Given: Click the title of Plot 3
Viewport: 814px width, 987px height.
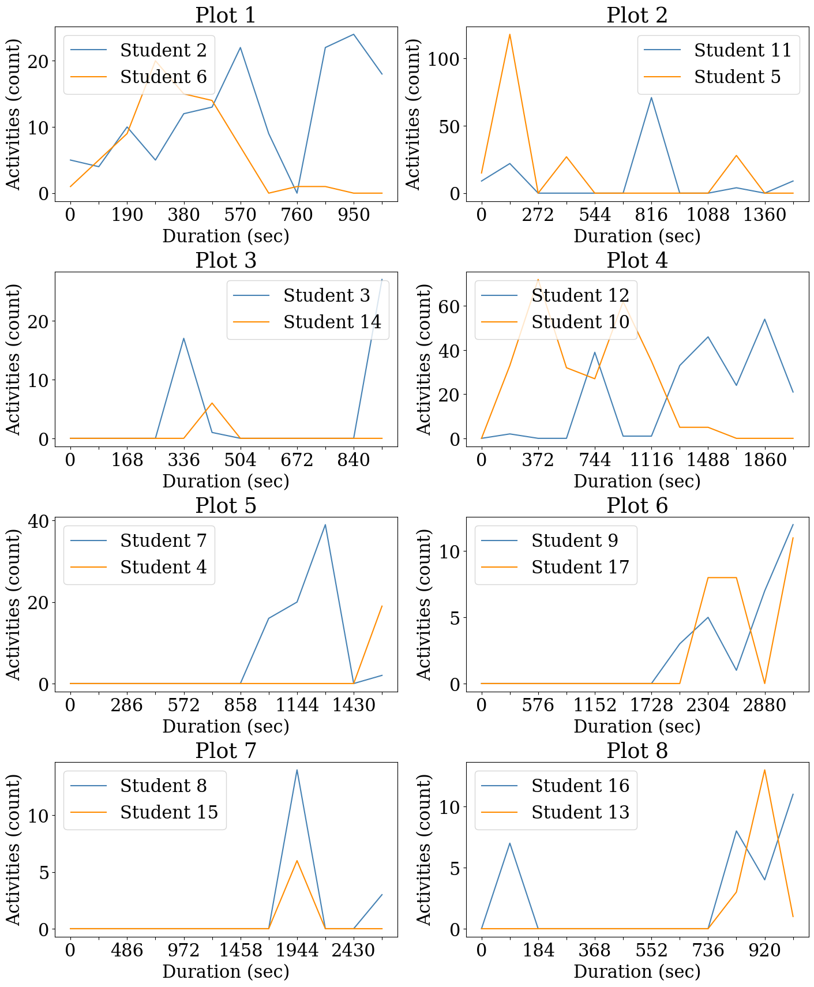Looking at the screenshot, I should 226,261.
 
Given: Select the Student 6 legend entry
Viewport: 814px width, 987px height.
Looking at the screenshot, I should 163,77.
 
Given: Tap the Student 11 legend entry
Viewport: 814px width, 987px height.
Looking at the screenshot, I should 742,50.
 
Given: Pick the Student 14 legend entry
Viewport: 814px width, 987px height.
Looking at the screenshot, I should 332,322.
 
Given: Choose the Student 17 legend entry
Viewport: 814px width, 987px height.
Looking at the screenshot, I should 580,567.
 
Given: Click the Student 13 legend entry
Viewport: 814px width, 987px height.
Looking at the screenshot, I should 580,812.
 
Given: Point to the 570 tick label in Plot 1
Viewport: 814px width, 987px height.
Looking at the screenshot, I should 240,215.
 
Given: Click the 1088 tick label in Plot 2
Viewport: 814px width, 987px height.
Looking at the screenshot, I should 708,215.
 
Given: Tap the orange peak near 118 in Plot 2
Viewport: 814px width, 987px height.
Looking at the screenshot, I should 509,35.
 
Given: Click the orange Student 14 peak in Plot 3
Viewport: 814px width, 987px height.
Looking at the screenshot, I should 212,403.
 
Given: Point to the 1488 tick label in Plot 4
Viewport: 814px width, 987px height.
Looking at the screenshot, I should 708,460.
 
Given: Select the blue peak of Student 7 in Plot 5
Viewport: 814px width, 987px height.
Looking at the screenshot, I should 325,525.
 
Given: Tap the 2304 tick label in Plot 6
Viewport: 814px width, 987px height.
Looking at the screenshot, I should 708,705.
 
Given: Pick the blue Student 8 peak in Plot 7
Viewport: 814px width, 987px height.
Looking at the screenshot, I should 297,770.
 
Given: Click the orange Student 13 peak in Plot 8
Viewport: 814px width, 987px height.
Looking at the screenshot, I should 764,770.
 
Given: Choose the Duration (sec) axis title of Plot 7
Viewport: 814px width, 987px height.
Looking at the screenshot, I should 226,971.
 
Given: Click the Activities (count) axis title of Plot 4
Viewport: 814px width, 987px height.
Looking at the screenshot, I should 424,359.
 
